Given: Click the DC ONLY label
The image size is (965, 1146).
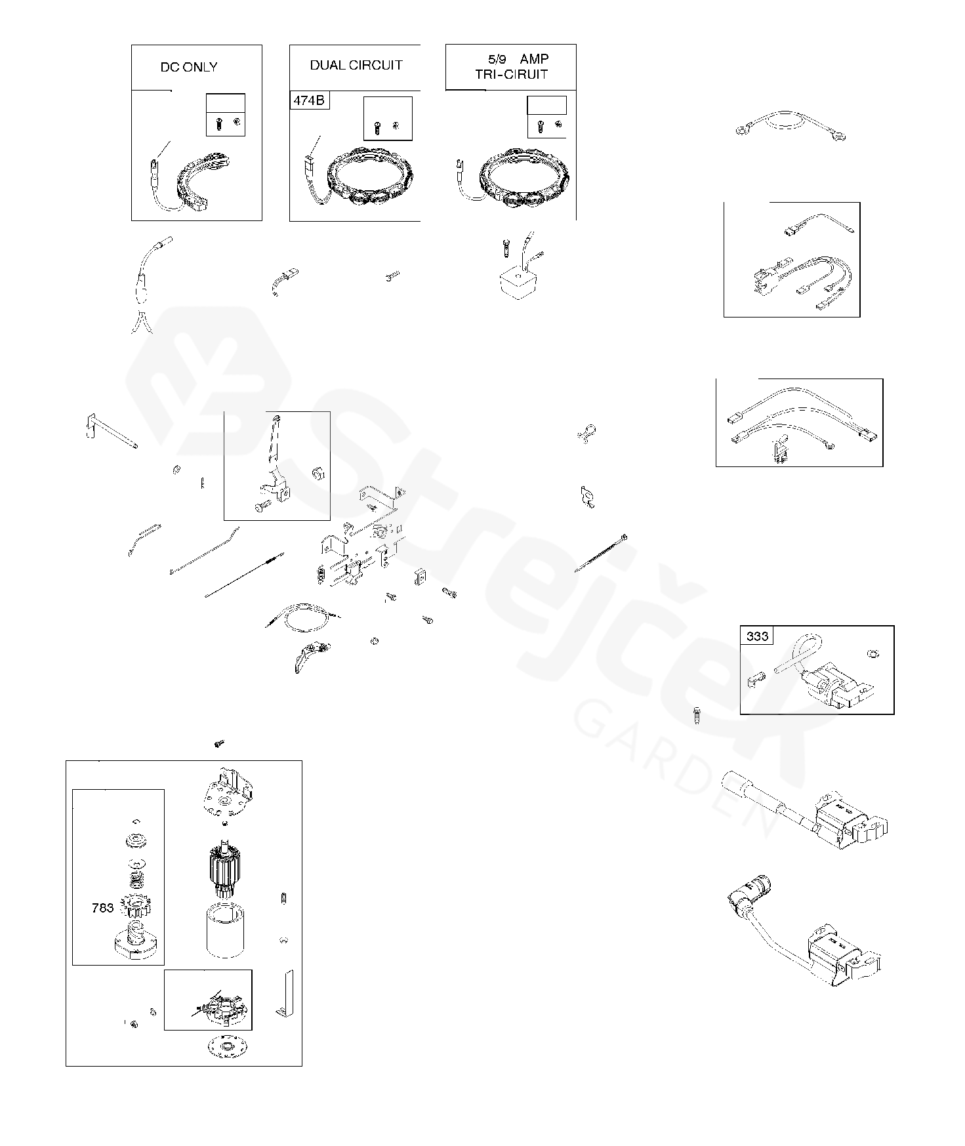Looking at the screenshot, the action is click(x=189, y=67).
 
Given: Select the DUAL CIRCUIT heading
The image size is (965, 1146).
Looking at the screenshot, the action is click(x=356, y=65).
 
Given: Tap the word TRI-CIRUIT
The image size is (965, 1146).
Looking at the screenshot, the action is click(x=511, y=74).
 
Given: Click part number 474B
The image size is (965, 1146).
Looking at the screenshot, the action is click(x=310, y=100).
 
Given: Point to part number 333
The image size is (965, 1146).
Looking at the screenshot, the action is click(x=757, y=636).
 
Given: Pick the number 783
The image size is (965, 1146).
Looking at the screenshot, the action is click(x=102, y=909).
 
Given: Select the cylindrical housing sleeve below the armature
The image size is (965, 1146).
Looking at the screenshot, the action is click(x=226, y=931).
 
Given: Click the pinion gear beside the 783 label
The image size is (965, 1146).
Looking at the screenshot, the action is click(x=134, y=908).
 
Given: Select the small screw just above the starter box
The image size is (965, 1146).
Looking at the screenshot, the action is click(x=219, y=743).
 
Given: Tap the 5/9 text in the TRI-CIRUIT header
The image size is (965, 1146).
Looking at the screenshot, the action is click(x=497, y=60).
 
